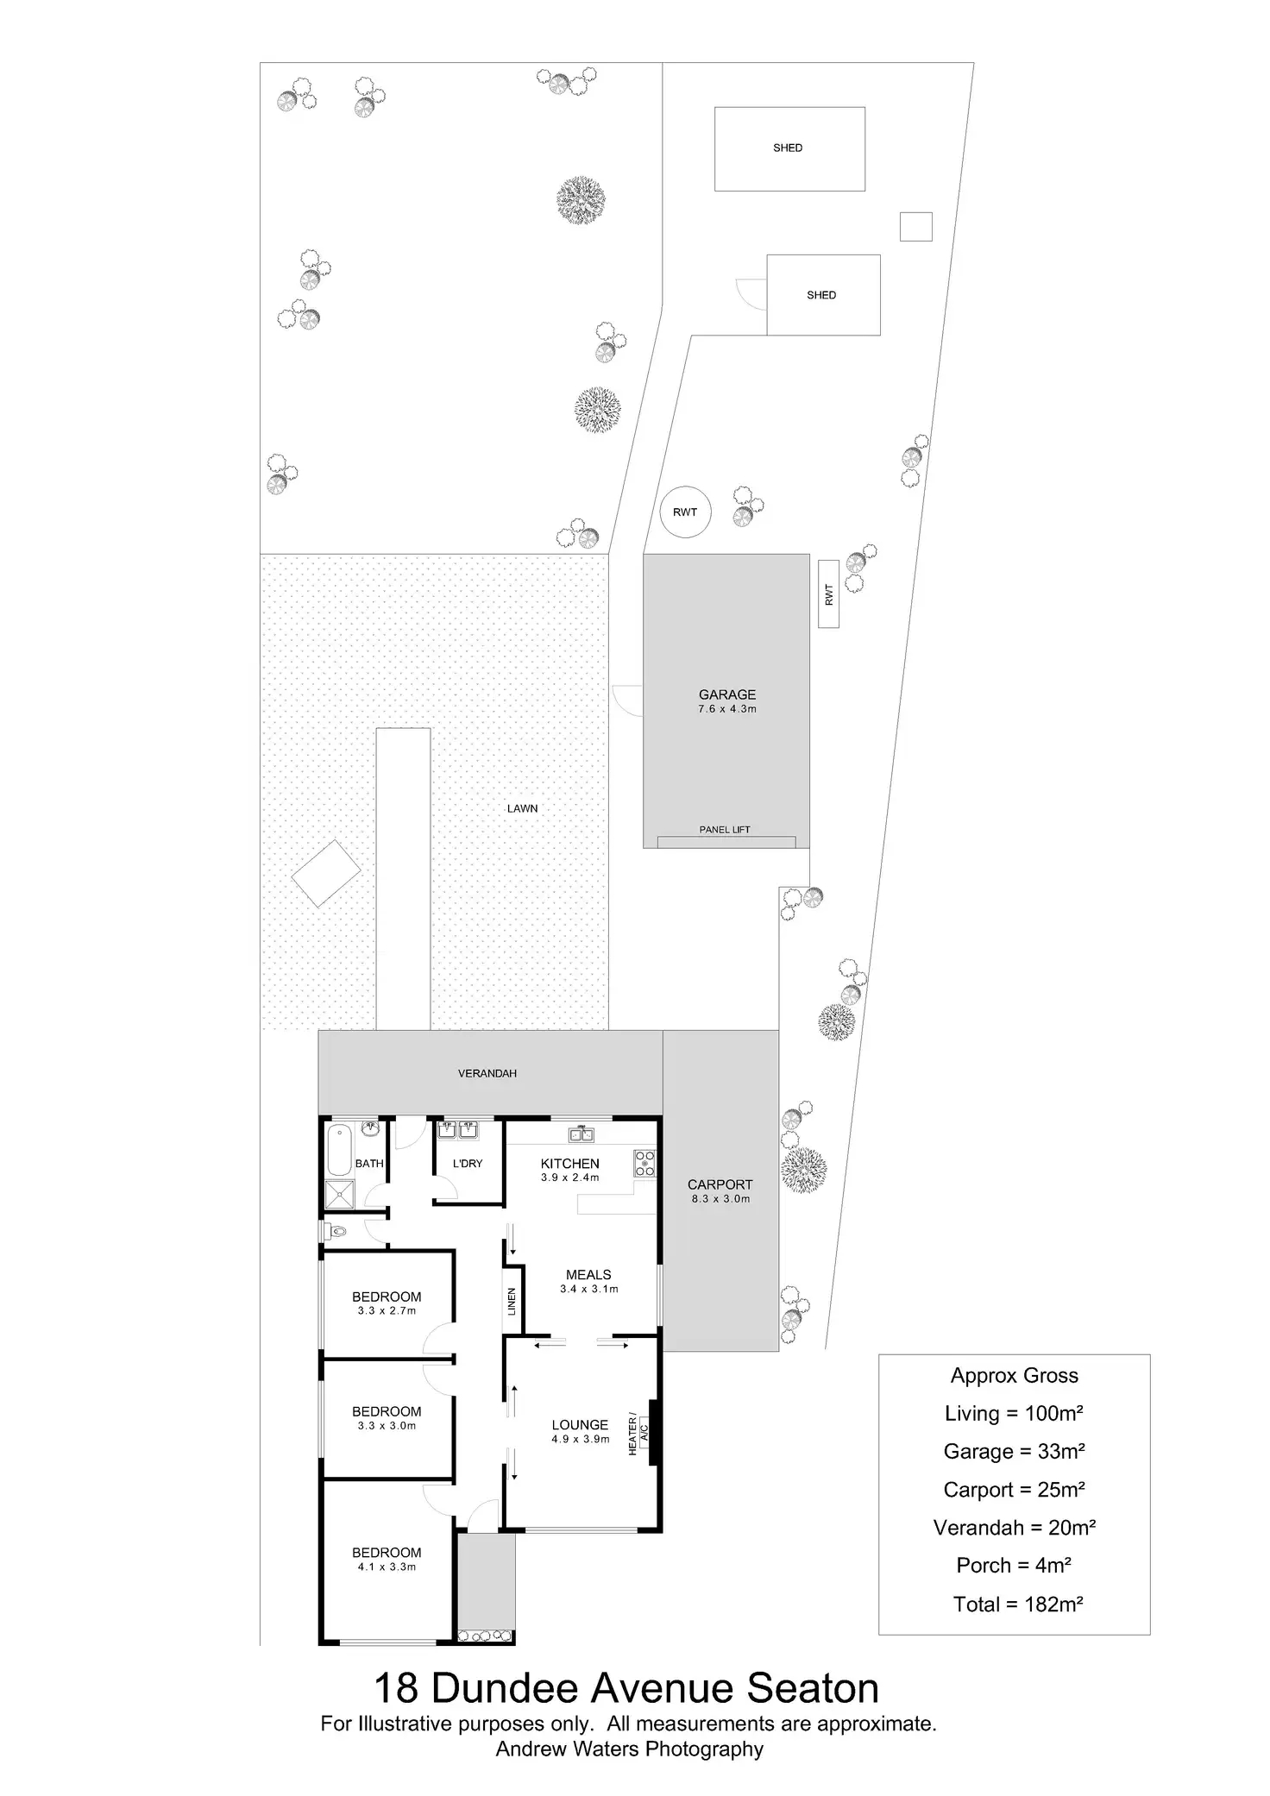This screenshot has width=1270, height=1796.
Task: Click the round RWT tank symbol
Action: coord(684,512)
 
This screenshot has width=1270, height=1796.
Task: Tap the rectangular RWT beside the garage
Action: coord(828,593)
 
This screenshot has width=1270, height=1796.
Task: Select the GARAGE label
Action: coord(726,694)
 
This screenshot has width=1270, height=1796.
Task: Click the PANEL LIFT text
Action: coord(725,830)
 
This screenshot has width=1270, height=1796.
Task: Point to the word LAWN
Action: coord(522,808)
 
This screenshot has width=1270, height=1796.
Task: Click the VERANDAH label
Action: coord(487,1073)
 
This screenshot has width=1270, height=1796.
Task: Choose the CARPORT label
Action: coord(720,1184)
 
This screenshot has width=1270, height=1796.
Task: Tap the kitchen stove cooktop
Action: coord(644,1164)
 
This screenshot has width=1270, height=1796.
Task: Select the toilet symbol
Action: coord(335,1232)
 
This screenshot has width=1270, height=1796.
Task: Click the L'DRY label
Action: coord(468,1164)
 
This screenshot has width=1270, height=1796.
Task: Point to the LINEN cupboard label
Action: coord(512,1302)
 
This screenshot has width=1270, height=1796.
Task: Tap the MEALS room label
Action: coord(588,1274)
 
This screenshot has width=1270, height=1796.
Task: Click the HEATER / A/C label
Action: coord(638,1435)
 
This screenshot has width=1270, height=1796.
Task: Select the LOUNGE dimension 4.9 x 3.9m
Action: coord(580,1439)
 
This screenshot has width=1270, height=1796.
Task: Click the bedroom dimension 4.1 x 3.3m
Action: coord(387,1567)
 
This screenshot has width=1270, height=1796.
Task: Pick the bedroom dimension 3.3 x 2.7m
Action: coord(387,1310)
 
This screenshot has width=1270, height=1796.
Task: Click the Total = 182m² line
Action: coord(1017,1604)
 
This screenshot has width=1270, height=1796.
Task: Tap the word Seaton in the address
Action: coord(813,1688)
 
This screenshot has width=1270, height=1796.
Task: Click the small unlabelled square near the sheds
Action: coord(915,227)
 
